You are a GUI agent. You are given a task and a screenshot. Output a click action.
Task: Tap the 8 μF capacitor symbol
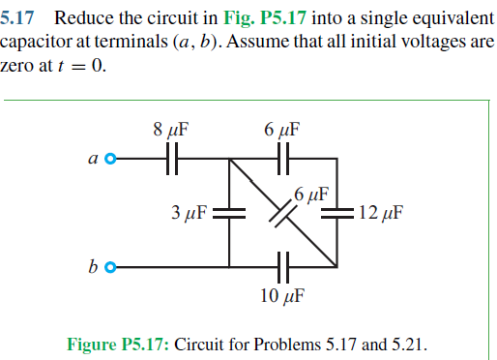(172, 158)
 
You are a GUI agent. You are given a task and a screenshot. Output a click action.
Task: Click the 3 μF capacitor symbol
(229, 212)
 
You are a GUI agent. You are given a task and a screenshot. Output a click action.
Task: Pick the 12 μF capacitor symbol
(338, 212)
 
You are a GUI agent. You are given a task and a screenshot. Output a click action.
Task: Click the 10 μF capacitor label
(283, 294)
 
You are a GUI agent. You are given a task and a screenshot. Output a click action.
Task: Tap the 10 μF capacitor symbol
(283, 266)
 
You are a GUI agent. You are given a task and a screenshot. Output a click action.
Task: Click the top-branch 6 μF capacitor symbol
(283, 158)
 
